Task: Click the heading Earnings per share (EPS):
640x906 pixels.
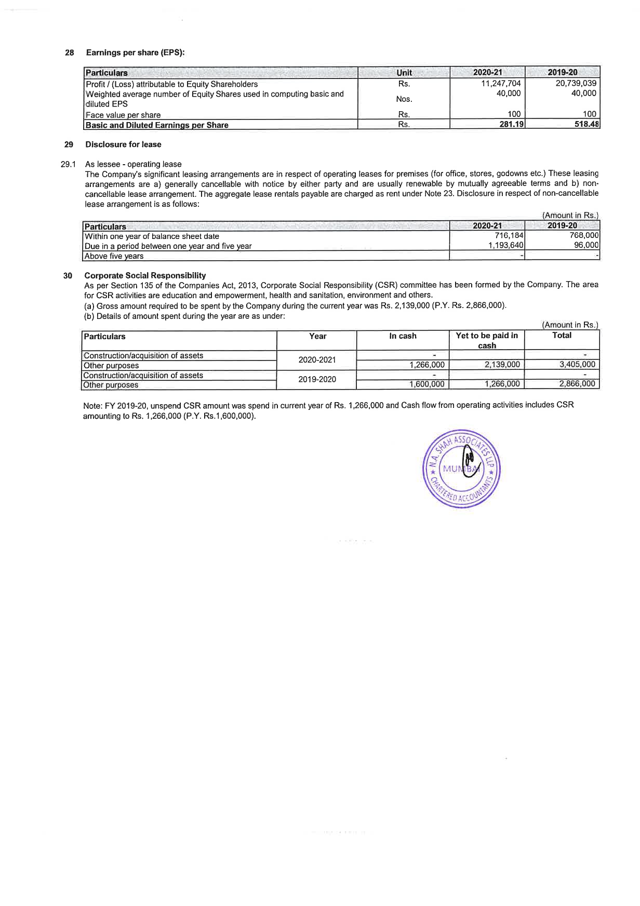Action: point(135,52)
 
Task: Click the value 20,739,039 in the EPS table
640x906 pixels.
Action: point(576,84)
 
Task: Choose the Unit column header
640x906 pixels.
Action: point(404,73)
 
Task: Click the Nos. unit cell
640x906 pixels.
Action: point(404,99)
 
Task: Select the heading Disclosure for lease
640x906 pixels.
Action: point(123,144)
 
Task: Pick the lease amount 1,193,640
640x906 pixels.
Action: point(505,246)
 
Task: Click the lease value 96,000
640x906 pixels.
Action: point(586,245)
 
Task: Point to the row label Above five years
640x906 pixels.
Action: point(114,256)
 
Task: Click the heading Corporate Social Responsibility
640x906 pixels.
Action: point(145,275)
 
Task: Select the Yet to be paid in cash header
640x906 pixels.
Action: point(487,340)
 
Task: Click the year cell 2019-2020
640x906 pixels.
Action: point(317,379)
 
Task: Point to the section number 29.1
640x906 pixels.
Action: point(68,164)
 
